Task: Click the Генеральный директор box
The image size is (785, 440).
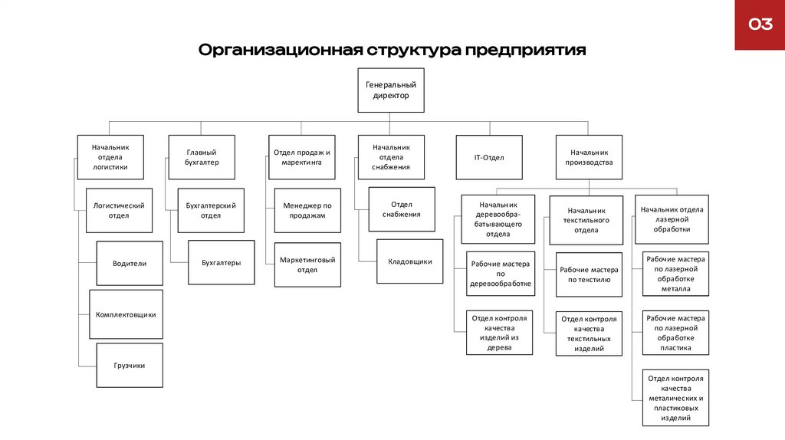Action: pyautogui.click(x=391, y=90)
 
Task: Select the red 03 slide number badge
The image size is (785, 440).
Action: pyautogui.click(x=760, y=25)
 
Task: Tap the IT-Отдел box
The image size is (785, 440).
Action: pyautogui.click(x=488, y=157)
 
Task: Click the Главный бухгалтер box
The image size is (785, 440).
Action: pyautogui.click(x=202, y=157)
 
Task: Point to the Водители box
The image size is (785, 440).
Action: pyautogui.click(x=130, y=263)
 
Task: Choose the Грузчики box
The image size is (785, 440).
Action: pyautogui.click(x=130, y=365)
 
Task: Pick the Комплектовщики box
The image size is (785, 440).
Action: pyautogui.click(x=126, y=314)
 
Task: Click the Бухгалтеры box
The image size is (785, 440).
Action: pyautogui.click(x=222, y=263)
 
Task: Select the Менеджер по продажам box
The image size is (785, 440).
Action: pyautogui.click(x=307, y=210)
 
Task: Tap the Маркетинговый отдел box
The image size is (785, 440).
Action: pyautogui.click(x=307, y=264)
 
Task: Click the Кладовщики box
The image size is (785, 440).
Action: pyautogui.click(x=410, y=261)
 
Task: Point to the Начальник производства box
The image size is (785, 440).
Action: pyautogui.click(x=589, y=157)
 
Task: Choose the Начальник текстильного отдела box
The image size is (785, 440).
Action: pyautogui.click(x=586, y=220)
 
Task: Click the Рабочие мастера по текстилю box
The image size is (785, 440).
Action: pyautogui.click(x=589, y=274)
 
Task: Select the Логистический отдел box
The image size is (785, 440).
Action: pyautogui.click(x=119, y=210)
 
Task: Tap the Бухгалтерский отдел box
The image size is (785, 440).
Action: pyautogui.click(x=211, y=210)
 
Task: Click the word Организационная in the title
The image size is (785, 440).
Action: pyautogui.click(x=279, y=51)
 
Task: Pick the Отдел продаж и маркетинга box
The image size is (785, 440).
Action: pyautogui.click(x=301, y=157)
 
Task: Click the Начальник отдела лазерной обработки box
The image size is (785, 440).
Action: pyautogui.click(x=672, y=218)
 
